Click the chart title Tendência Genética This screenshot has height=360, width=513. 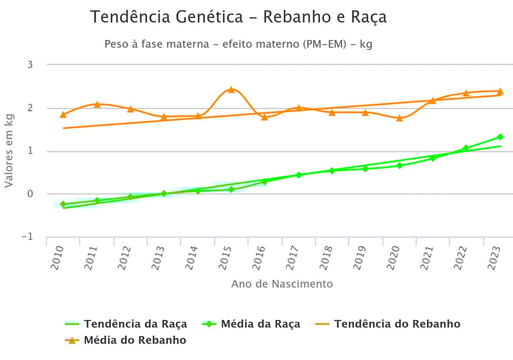(238, 17)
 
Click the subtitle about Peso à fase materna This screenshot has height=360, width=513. (238, 44)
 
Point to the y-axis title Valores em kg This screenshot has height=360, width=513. (9, 150)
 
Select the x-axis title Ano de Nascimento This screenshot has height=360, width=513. (282, 284)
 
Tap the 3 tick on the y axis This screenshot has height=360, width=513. (30, 65)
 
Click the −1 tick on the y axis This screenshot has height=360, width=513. (27, 237)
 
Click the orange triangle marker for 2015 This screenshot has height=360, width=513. (231, 89)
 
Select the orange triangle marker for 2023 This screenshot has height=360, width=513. (500, 92)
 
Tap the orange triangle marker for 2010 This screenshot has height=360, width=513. (63, 115)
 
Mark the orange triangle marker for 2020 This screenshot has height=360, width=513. (399, 118)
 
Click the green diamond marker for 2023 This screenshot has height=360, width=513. (500, 137)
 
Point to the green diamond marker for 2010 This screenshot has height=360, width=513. (63, 204)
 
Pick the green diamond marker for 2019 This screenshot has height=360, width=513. (365, 168)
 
